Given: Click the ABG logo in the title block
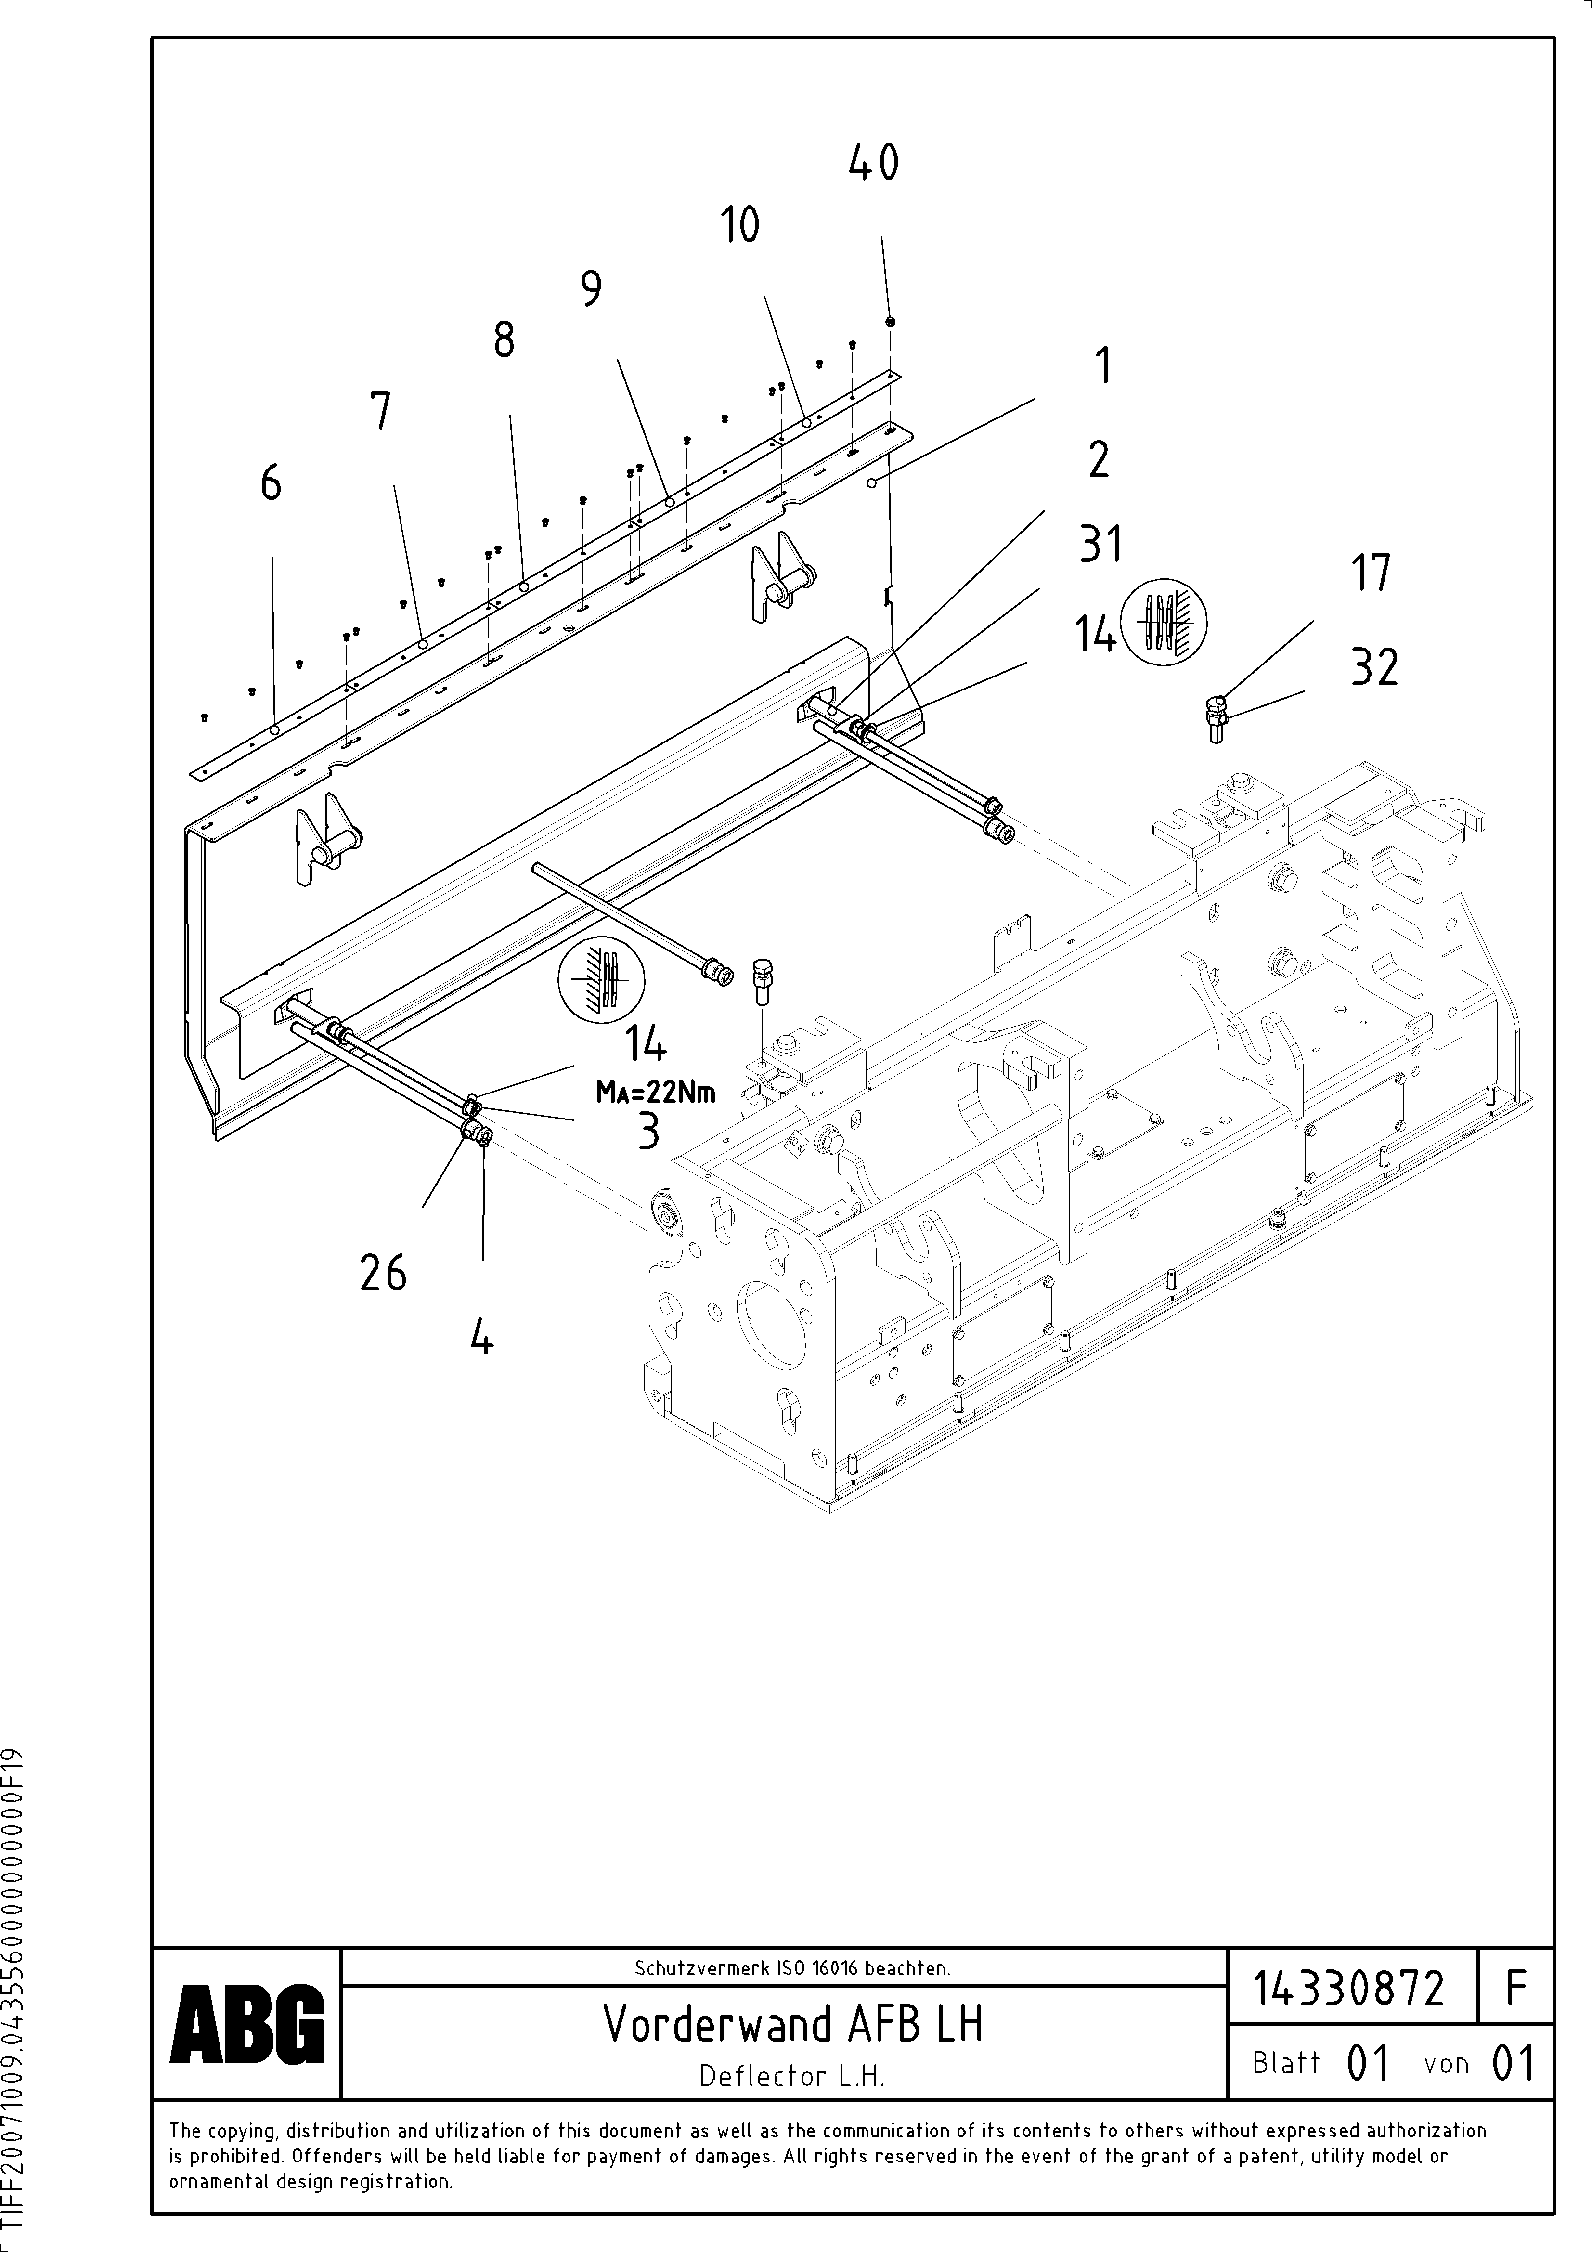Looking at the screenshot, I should point(246,2023).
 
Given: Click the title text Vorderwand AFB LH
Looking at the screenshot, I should point(792,2023).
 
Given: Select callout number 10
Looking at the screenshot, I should point(740,226).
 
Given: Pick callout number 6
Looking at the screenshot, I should point(271,483).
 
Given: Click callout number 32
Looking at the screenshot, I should point(1374,668).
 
